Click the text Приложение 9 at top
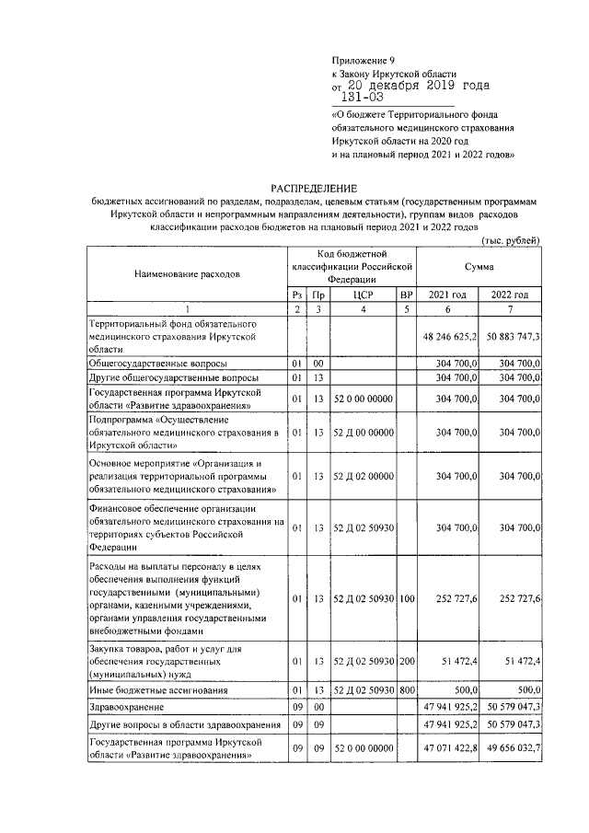pos(359,60)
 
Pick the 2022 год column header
pos(510,295)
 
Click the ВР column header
pos(406,295)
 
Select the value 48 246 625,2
pos(447,338)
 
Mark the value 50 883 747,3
pos(509,338)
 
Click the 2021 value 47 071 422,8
pos(447,749)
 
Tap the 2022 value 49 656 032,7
pos(509,749)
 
